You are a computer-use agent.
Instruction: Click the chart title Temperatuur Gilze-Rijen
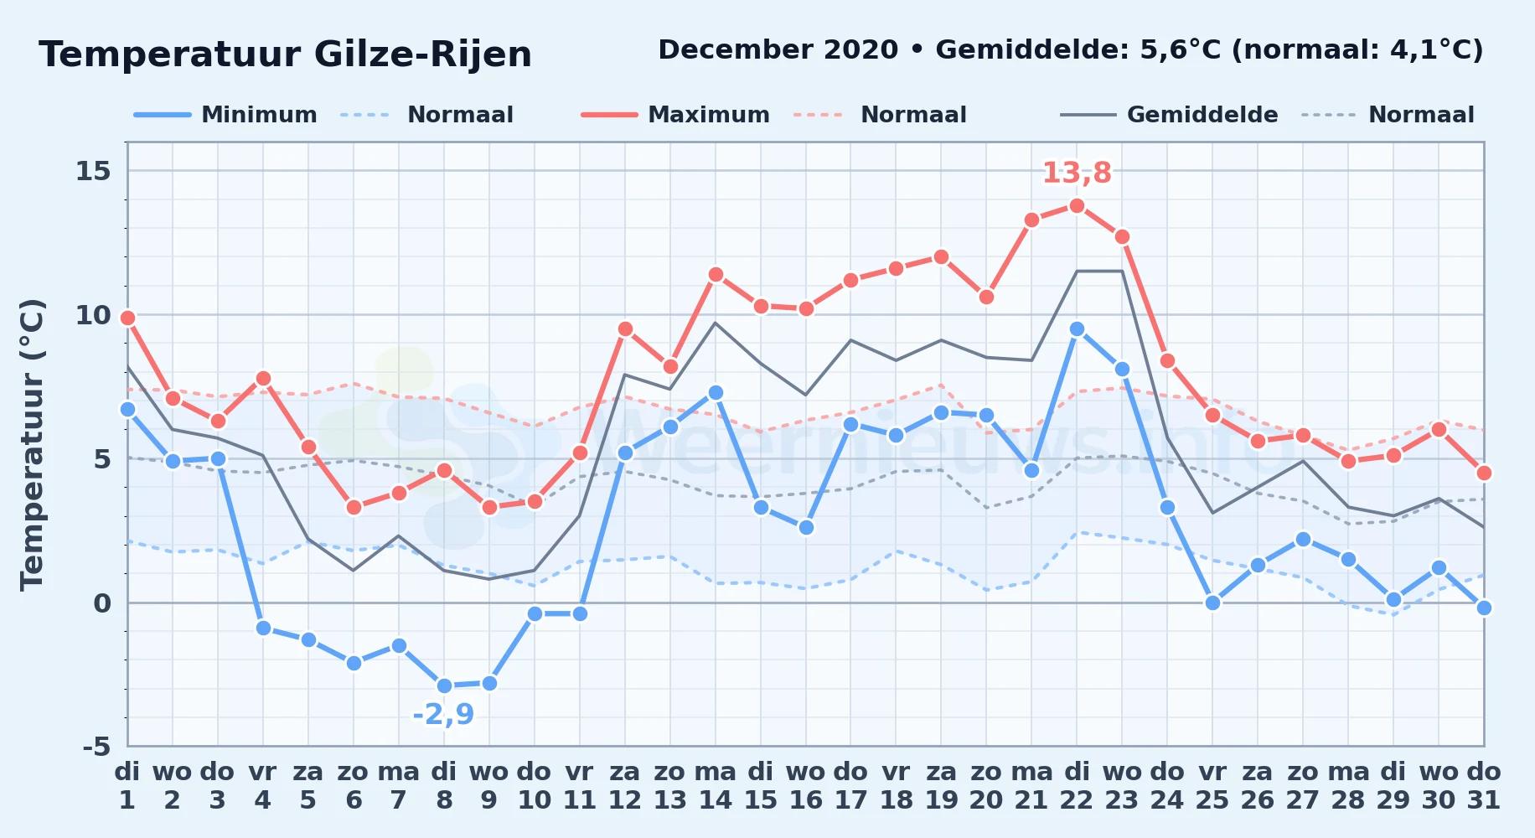coord(285,55)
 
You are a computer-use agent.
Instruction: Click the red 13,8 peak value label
coord(1077,173)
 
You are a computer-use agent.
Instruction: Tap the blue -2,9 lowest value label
coord(443,714)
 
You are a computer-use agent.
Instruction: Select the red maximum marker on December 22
coord(1077,205)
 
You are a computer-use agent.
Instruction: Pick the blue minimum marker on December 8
coord(444,686)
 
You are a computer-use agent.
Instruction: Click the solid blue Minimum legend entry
coord(225,115)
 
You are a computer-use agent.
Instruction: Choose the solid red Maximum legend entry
coord(675,115)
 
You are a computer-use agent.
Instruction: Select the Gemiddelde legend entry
coord(1170,115)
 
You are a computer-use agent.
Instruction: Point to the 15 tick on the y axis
coord(93,171)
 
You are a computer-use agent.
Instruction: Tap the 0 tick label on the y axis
coord(102,603)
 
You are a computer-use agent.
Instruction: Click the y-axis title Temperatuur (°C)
coord(32,444)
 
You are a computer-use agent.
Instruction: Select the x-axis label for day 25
coord(1212,786)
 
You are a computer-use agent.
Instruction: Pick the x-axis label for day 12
coord(624,786)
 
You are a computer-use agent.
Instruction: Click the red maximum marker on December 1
coord(127,318)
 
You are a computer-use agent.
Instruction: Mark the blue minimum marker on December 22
coord(1077,329)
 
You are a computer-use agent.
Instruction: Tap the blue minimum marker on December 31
coord(1484,608)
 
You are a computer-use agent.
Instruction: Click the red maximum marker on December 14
coord(716,274)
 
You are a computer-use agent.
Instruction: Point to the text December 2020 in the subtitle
coord(778,50)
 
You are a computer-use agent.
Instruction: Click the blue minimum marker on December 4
coord(263,628)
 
